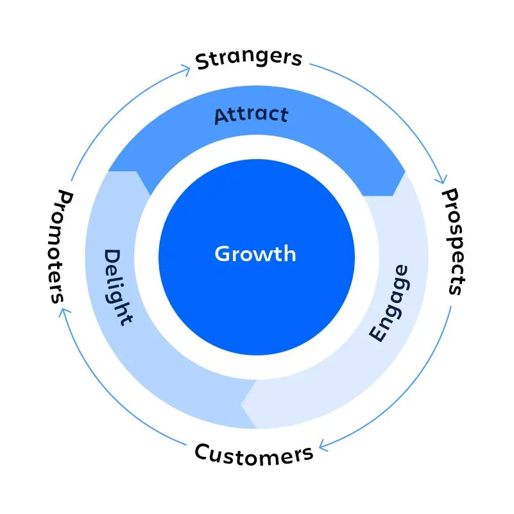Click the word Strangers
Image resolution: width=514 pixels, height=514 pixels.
[x=248, y=59]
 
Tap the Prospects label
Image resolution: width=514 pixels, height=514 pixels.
[x=454, y=241]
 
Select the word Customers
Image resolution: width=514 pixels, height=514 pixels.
[x=254, y=454]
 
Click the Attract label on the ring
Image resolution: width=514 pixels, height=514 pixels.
[x=252, y=116]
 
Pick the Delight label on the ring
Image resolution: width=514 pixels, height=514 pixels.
[x=118, y=287]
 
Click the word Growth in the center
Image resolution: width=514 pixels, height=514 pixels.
[x=255, y=254]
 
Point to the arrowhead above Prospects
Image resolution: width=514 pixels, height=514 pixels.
[x=440, y=180]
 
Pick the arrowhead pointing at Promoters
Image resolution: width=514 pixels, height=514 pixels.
[x=62, y=312]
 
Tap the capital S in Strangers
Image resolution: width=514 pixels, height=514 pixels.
[x=203, y=61]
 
